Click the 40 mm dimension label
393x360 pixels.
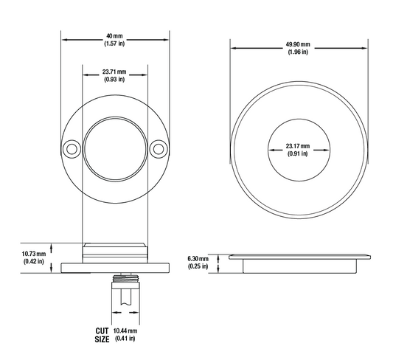pos(114,36)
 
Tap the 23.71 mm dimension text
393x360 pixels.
pos(114,72)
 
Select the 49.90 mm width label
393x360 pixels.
pos(298,44)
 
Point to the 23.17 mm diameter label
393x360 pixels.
pos(298,146)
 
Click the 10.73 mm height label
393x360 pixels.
pos(34,254)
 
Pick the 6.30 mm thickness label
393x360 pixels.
pos(198,258)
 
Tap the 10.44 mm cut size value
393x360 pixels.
pos(125,330)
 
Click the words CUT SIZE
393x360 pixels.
pos(102,335)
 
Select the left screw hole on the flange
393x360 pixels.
pos(72,149)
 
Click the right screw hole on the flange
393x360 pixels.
pos(159,149)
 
